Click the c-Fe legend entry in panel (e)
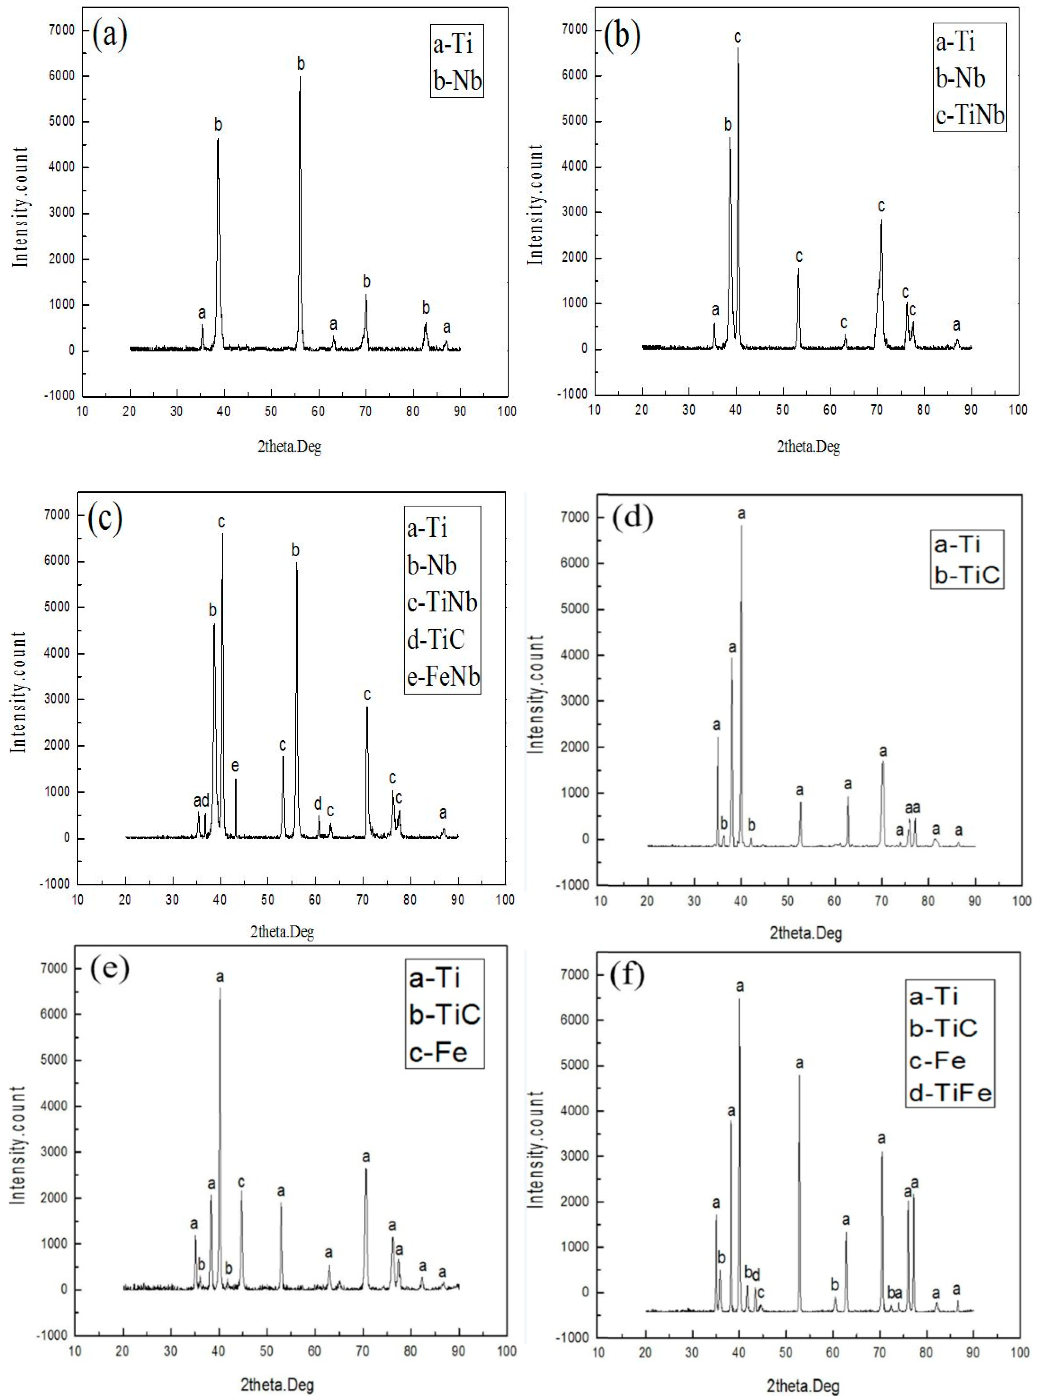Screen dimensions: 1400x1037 (x=438, y=1052)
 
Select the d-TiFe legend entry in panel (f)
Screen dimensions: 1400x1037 (x=950, y=1094)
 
